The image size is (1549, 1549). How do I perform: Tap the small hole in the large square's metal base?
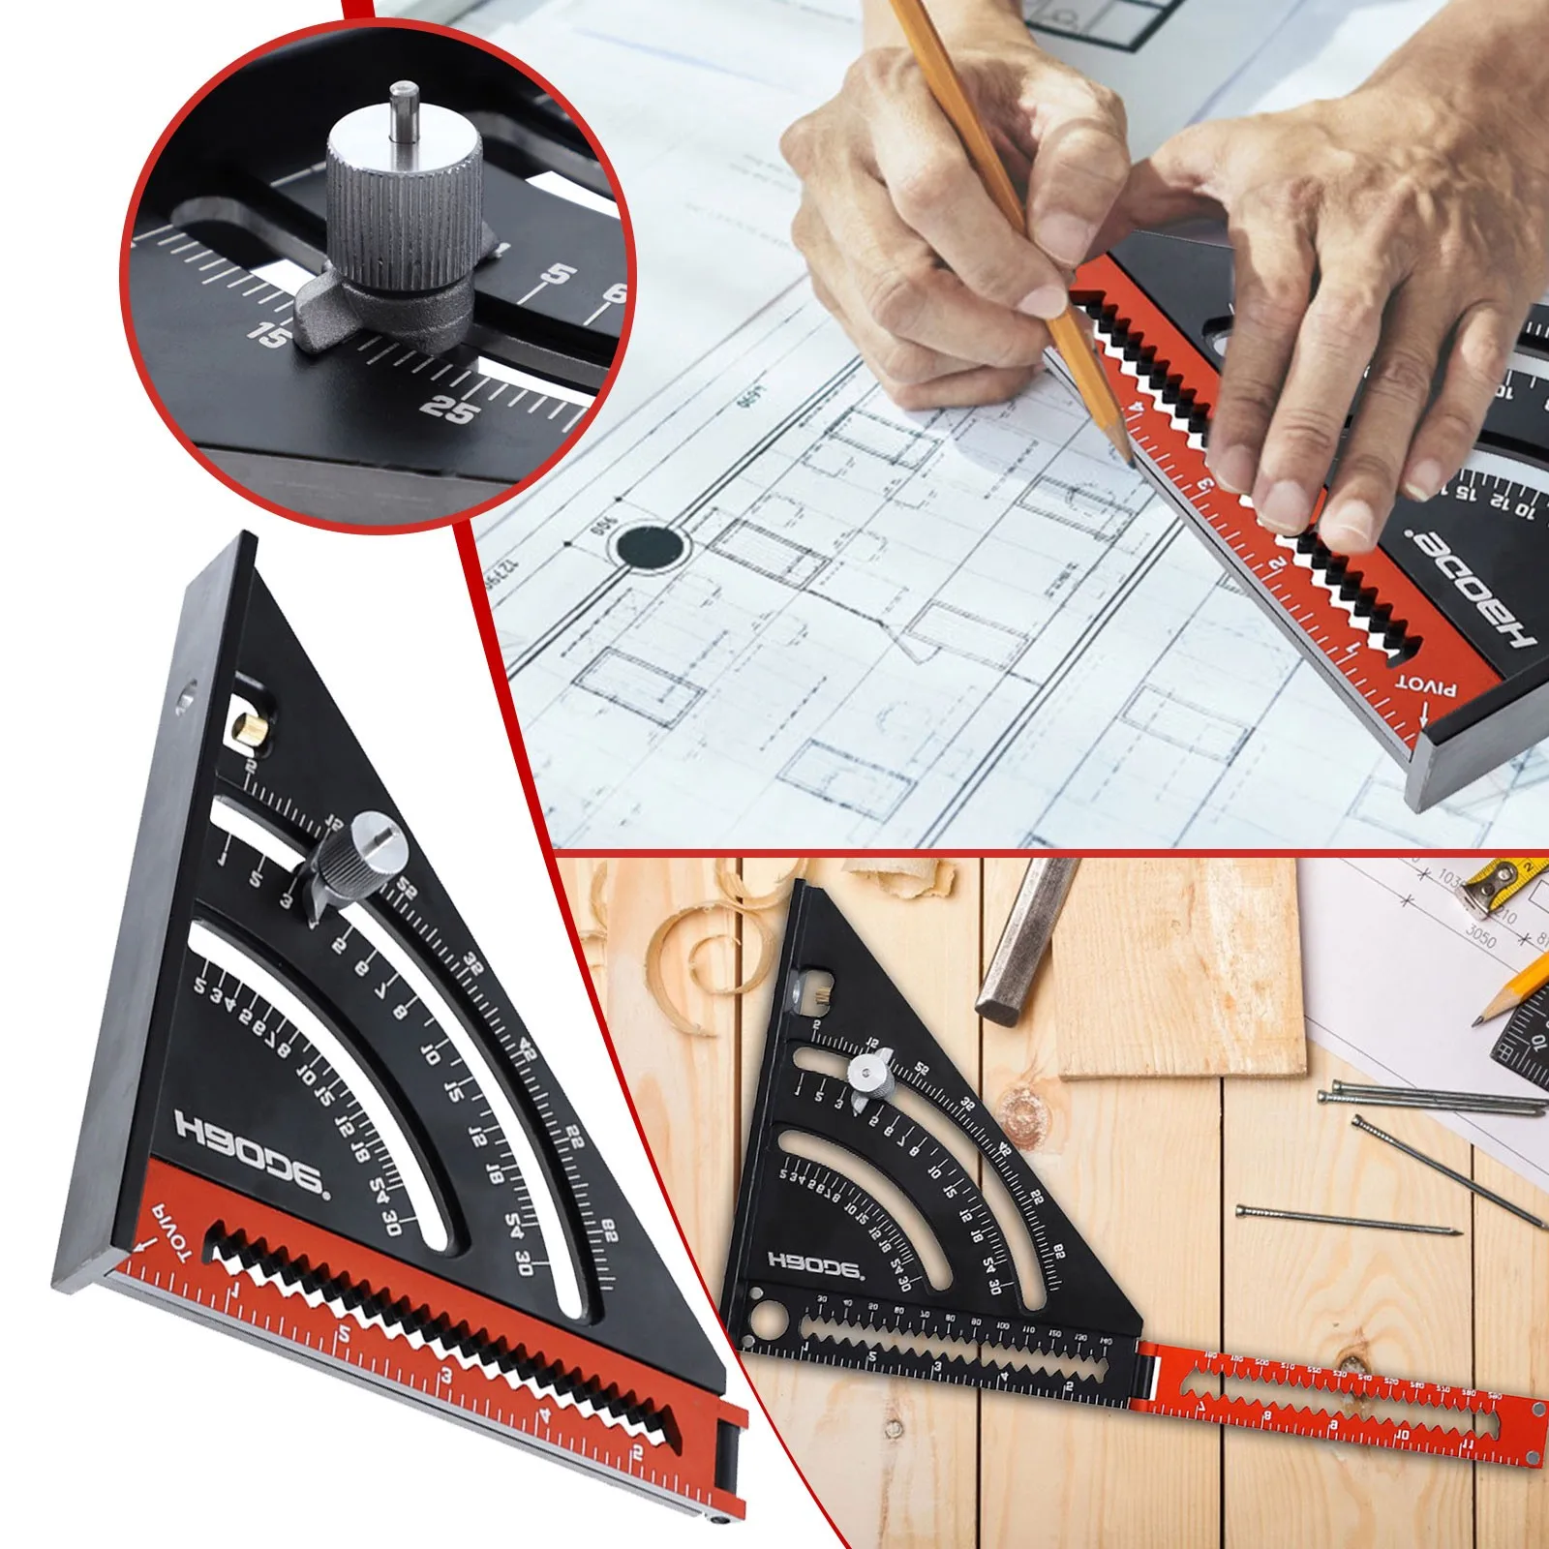[183, 693]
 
